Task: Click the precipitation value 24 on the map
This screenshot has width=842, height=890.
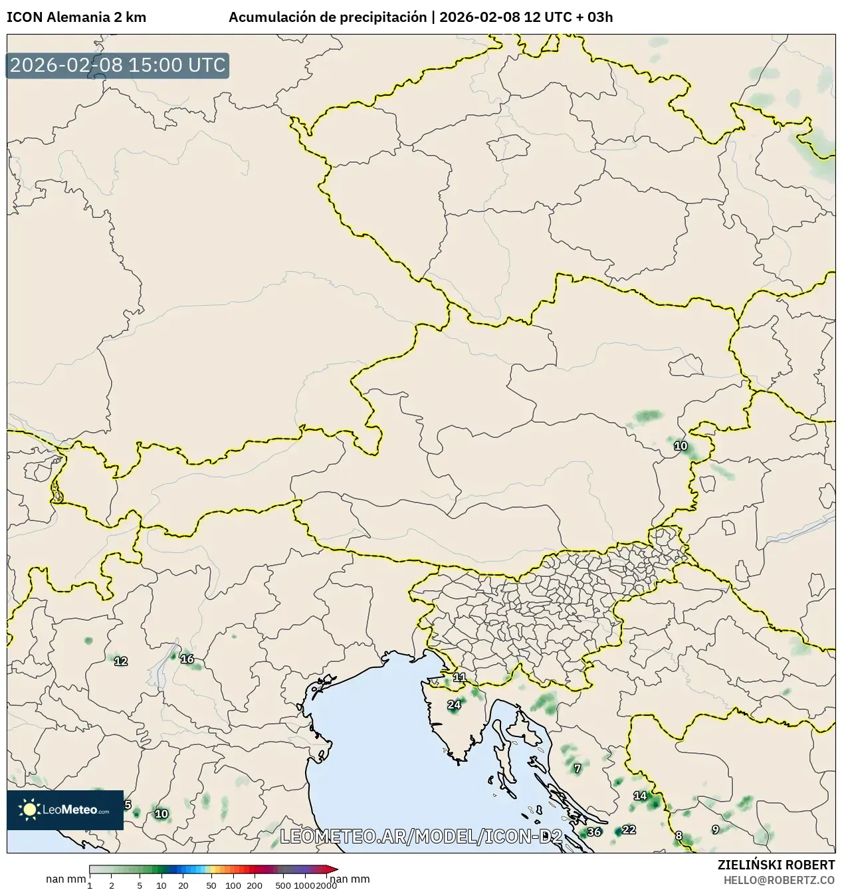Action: (454, 705)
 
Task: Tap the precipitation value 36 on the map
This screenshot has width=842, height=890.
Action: (594, 832)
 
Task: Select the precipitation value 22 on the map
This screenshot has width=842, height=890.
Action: (629, 830)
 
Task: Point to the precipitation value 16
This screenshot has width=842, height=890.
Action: (187, 659)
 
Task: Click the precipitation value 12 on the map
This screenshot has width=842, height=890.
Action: (121, 661)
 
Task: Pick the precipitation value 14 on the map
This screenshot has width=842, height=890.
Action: (640, 796)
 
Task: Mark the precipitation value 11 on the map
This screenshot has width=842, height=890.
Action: (459, 677)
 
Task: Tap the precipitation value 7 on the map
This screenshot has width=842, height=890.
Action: (578, 768)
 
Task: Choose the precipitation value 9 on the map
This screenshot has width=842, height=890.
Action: (715, 830)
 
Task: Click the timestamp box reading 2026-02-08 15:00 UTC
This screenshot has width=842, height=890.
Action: (118, 65)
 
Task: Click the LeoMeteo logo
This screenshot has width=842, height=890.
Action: (65, 810)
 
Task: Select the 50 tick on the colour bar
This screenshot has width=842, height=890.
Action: (211, 885)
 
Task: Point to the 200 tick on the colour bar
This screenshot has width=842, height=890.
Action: (255, 885)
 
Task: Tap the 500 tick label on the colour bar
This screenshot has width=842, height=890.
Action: (283, 885)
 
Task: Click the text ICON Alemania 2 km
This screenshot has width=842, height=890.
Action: (76, 17)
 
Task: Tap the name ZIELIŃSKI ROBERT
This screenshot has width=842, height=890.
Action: (776, 865)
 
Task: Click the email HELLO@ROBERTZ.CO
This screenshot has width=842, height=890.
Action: (779, 879)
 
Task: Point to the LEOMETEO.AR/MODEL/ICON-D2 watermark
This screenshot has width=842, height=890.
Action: (421, 836)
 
